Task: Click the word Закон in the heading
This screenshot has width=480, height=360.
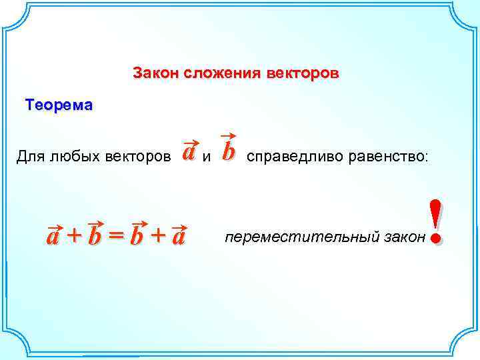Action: point(152,72)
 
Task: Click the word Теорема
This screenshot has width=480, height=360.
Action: point(59,105)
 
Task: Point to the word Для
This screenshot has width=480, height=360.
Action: point(29,157)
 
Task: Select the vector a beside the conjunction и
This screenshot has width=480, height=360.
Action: point(189,153)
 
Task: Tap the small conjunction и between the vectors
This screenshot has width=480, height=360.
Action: point(207,158)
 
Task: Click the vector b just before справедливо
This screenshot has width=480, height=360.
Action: point(229,151)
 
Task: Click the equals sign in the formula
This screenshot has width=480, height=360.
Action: point(117,235)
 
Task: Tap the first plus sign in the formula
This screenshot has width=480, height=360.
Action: point(75,235)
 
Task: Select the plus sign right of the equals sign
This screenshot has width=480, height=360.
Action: point(159,235)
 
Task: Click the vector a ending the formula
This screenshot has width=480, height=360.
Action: point(178,236)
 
